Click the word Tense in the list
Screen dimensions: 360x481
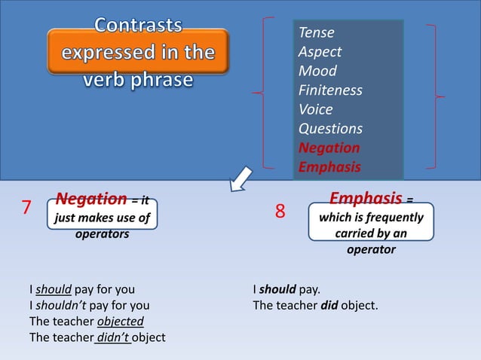click(x=317, y=32)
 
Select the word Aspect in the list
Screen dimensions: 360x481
click(x=320, y=52)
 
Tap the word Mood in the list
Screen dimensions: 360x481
click(x=317, y=72)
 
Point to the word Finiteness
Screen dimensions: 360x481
click(x=330, y=90)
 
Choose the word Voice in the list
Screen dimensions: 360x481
click(x=317, y=110)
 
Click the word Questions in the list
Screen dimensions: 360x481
click(x=330, y=129)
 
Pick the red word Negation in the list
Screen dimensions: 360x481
click(x=329, y=148)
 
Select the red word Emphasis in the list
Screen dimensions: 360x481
click(x=329, y=166)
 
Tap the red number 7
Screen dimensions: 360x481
click(x=26, y=208)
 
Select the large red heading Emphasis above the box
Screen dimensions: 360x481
click(x=366, y=199)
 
